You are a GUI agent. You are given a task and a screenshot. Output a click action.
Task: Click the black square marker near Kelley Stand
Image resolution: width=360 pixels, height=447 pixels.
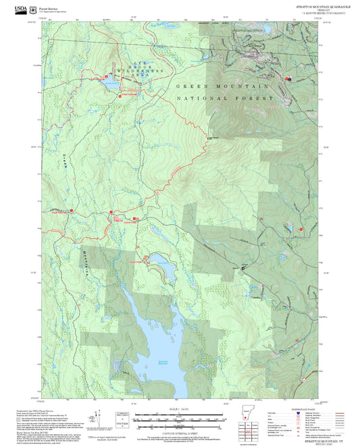(x=244, y=268)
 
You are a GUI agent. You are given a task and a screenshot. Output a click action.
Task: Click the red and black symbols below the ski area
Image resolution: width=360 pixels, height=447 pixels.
(x=288, y=79)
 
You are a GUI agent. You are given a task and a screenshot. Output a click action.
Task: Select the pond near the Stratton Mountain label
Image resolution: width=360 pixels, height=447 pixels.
(x=265, y=30)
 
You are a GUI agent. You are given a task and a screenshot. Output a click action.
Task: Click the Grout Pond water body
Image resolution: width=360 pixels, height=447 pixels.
(x=160, y=261)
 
